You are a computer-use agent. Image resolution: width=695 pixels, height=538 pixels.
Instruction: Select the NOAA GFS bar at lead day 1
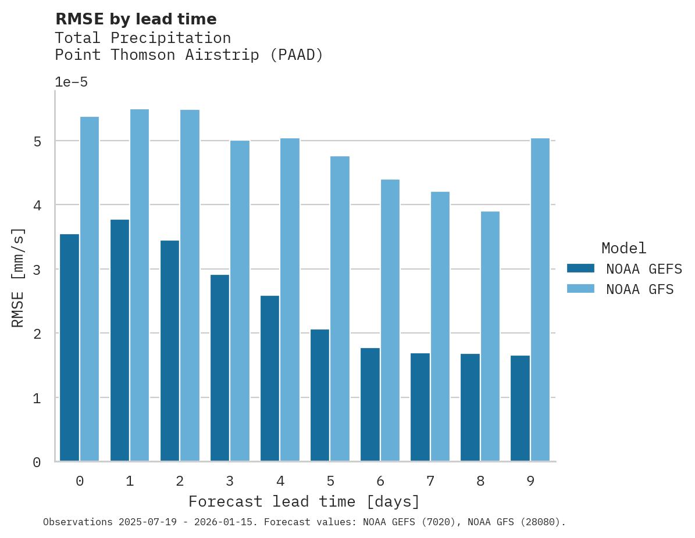click(x=140, y=285)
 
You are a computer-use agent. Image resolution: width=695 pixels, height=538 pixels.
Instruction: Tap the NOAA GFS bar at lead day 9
click(x=540, y=299)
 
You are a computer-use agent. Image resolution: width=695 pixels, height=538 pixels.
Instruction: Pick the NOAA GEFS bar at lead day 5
click(x=320, y=395)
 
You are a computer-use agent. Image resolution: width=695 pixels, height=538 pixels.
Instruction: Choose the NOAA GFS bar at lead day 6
click(x=390, y=320)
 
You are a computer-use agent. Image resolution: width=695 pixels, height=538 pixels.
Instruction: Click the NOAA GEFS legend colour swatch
click(x=580, y=268)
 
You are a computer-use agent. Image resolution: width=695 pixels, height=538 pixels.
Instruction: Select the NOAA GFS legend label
click(x=640, y=289)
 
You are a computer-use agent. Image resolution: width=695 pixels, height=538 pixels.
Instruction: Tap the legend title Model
click(x=623, y=249)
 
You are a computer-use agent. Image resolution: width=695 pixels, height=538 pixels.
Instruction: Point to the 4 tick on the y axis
click(x=36, y=205)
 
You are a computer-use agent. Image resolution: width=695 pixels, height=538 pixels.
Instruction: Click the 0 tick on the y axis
click(x=36, y=462)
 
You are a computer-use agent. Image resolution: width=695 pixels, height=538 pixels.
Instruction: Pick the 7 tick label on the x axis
click(x=430, y=481)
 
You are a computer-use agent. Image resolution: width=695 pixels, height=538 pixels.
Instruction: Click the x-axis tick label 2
click(x=180, y=481)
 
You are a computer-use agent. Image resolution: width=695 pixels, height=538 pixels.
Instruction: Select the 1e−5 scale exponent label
click(x=71, y=83)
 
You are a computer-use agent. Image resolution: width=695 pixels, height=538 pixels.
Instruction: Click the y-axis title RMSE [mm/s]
click(x=19, y=277)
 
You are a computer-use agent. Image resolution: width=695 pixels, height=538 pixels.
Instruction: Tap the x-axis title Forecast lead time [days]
click(x=304, y=501)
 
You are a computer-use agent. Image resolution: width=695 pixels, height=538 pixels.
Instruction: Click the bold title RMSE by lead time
click(x=136, y=19)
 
